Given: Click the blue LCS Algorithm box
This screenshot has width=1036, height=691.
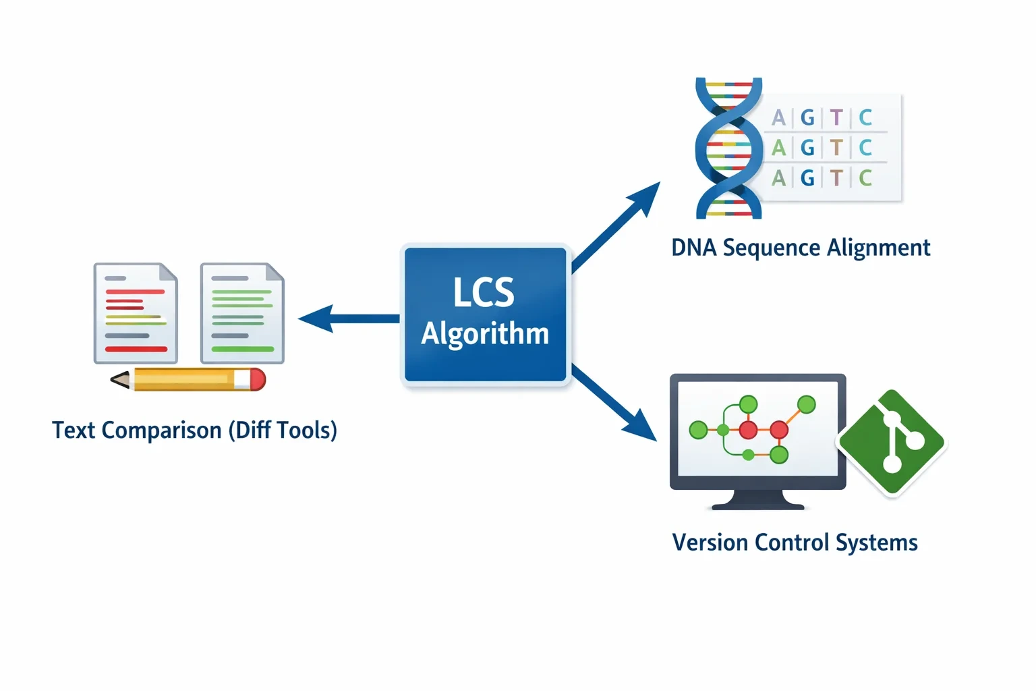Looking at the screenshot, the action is [x=485, y=314].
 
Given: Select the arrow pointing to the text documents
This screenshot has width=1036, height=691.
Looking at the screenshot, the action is [x=349, y=319].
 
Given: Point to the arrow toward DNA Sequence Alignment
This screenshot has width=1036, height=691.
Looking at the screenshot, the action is [x=616, y=227].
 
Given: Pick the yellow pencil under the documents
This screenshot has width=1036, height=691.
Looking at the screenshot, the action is [x=188, y=379].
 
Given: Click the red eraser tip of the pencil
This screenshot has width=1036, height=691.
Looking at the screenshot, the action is [x=258, y=379].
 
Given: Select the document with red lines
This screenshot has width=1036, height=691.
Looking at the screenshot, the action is [x=136, y=313].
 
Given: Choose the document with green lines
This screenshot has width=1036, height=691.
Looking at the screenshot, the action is [x=242, y=313].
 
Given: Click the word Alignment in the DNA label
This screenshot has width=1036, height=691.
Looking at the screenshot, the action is [x=878, y=248].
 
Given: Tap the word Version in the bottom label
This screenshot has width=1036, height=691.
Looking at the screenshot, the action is [x=710, y=542].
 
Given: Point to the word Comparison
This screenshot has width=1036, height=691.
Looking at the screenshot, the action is [x=161, y=431].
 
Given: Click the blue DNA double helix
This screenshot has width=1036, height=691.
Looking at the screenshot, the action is [x=729, y=148].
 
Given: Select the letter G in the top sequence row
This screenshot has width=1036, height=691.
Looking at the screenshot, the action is [x=807, y=117].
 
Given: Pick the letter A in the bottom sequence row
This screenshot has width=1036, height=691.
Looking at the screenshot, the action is [x=779, y=177].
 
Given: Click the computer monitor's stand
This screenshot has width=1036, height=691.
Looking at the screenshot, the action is [x=757, y=500].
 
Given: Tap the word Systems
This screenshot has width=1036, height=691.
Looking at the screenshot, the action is [x=876, y=543].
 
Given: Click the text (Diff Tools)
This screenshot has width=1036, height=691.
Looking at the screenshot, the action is [x=283, y=431].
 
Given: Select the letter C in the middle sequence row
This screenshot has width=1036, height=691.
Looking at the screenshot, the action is [x=865, y=148].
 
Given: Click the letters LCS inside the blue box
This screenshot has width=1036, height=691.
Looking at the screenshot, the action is [x=484, y=292].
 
